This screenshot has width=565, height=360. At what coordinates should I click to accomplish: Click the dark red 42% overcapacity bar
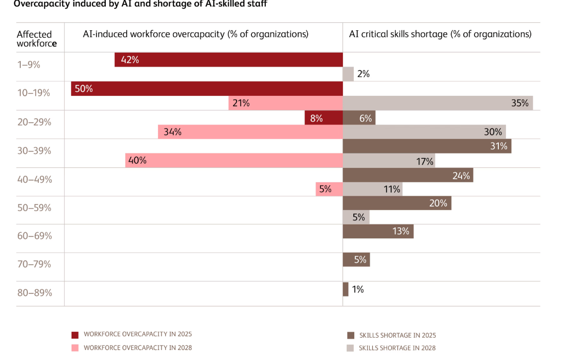[229, 60]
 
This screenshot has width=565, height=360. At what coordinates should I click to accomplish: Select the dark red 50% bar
[207, 89]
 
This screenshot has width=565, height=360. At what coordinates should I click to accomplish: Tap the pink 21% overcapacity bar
[286, 103]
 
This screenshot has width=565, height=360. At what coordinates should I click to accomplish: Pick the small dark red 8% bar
[323, 118]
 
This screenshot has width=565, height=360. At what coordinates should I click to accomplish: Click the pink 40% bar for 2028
[234, 160]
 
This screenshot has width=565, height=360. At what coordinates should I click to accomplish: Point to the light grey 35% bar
[437, 103]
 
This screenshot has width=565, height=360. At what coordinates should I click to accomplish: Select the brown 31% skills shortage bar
[426, 146]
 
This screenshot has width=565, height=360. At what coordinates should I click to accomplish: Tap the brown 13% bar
[378, 231]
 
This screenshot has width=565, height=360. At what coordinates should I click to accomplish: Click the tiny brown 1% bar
[345, 289]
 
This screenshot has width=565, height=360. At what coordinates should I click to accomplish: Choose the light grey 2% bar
[348, 74]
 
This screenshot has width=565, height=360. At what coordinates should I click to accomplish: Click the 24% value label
[461, 175]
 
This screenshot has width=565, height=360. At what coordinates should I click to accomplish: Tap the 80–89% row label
[34, 292]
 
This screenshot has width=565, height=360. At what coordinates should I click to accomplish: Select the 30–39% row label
[34, 150]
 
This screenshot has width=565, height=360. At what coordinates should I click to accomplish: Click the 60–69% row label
[34, 235]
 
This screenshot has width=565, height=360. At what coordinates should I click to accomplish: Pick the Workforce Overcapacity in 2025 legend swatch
[75, 335]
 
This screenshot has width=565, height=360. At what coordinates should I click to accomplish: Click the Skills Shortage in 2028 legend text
[397, 348]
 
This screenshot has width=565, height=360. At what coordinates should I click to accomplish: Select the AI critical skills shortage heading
[440, 34]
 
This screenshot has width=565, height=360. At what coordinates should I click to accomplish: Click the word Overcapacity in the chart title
[38, 4]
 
